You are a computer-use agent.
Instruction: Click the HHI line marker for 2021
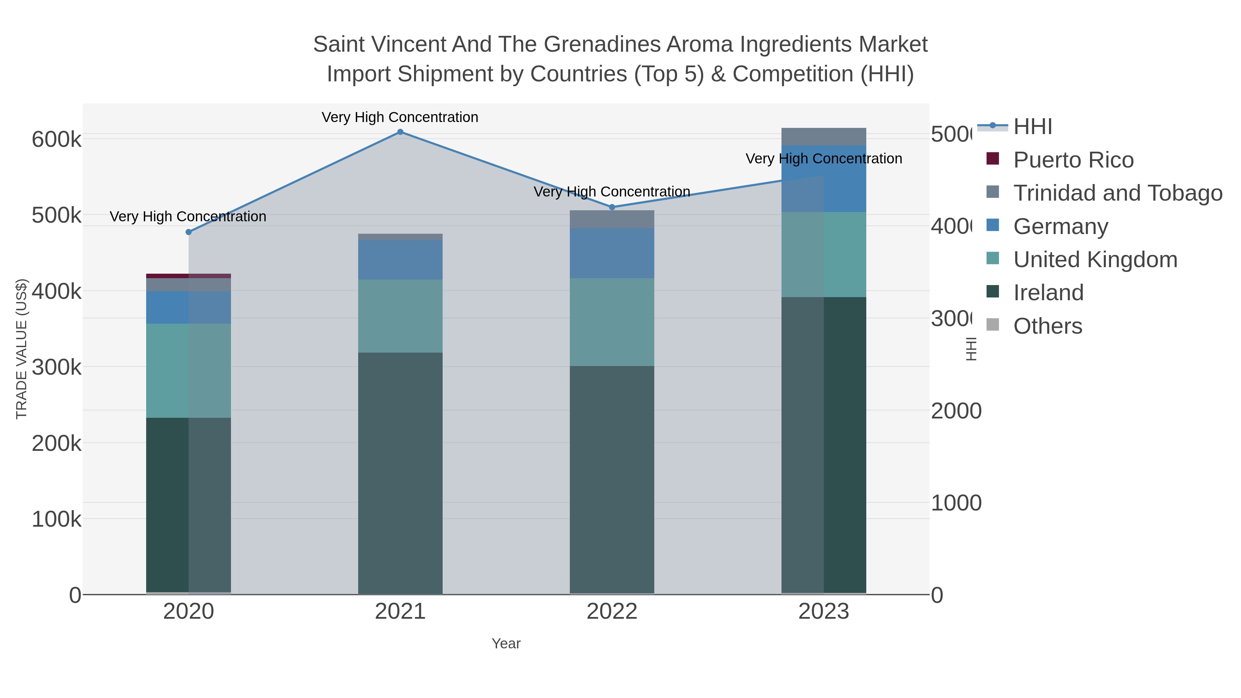[400, 132]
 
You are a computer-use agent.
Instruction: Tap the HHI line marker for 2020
[188, 232]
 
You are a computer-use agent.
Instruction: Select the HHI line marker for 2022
[612, 207]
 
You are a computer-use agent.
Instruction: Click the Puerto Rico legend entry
[1073, 160]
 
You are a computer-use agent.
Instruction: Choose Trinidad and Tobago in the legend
[1118, 193]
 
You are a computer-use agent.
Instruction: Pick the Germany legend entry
[1060, 226]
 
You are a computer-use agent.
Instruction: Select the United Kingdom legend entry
[1095, 260]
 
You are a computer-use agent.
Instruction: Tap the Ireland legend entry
[1048, 293]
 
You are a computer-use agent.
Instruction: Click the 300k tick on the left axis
[57, 367]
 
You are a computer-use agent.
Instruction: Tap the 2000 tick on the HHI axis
[956, 411]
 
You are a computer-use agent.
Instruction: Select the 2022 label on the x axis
[612, 612]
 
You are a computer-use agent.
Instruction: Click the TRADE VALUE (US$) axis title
[22, 349]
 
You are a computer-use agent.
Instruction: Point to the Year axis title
[506, 644]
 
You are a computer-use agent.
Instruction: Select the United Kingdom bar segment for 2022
[612, 322]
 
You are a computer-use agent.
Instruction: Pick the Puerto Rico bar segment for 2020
[188, 276]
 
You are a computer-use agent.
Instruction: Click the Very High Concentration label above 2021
[400, 118]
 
